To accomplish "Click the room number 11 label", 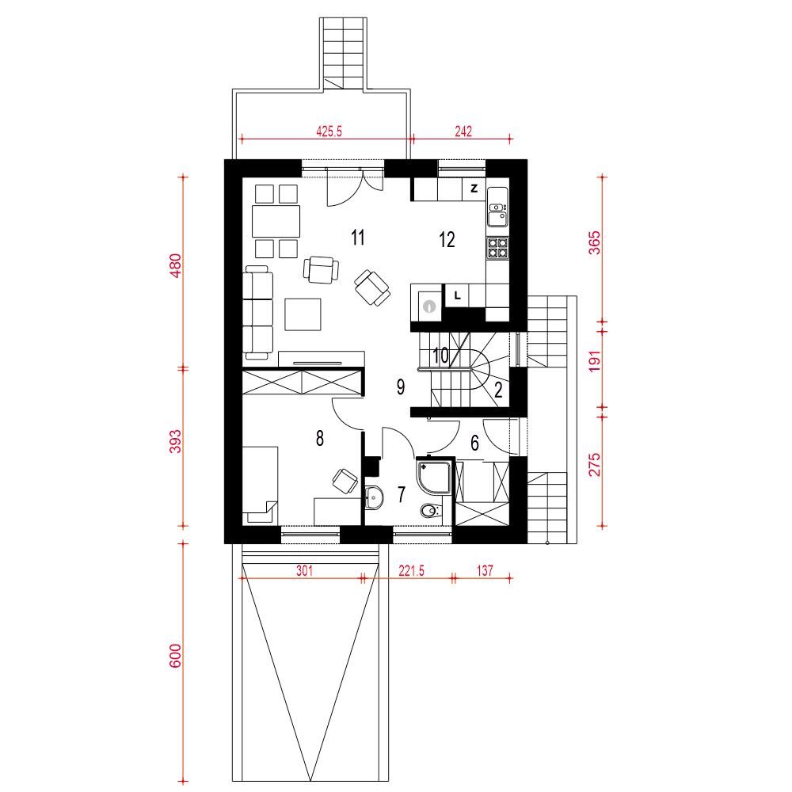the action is point(358,237).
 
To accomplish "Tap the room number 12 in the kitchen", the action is point(447,239).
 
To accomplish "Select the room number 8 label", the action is point(320,439).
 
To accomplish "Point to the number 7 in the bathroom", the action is point(402,494).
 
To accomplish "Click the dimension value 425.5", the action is point(329,131).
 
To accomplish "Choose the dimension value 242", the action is point(463,131).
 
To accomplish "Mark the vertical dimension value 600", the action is point(175,656).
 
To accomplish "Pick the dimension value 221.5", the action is point(411,571).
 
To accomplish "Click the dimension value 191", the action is point(595,362).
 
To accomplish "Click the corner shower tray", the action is point(434,475).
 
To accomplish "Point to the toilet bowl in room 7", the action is point(428,512).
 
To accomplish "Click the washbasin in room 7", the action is point(373,497).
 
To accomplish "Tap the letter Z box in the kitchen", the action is point(474,189).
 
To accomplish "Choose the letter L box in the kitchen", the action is point(457,295).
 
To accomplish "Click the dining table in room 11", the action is point(276,221).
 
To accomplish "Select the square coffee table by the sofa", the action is point(303,314).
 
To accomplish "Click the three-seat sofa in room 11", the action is point(258,312).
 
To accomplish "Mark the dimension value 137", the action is point(485,571).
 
